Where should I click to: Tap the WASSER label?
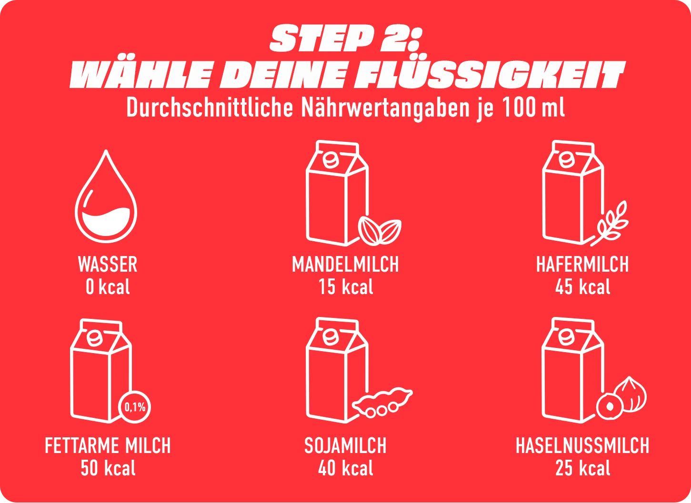(108, 264)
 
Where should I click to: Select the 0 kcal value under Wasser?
(108, 287)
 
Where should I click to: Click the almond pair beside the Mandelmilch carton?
(380, 231)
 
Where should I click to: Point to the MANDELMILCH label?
(346, 264)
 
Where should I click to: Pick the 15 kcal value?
(346, 287)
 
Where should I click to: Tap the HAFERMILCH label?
(582, 264)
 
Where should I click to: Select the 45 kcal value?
(582, 287)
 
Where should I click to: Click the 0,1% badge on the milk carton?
(135, 407)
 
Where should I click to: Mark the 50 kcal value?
(108, 468)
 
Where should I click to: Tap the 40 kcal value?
(346, 468)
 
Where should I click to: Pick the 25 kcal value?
(582, 468)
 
